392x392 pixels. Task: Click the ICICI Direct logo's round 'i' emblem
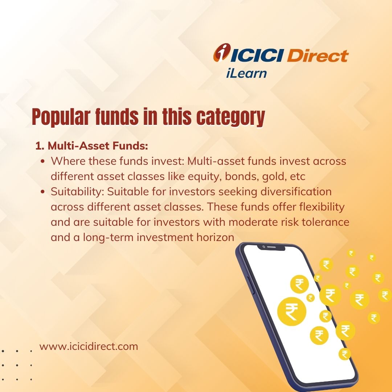click(x=222, y=52)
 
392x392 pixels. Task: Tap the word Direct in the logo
click(x=318, y=55)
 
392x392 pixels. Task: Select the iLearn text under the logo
click(x=246, y=73)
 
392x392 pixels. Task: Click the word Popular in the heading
click(x=61, y=117)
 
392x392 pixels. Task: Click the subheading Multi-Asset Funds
click(x=92, y=146)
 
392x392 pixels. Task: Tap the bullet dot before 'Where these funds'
click(x=43, y=162)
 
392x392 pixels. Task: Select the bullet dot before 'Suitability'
click(x=43, y=192)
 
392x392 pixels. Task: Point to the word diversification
click(x=296, y=192)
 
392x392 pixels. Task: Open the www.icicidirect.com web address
click(x=89, y=347)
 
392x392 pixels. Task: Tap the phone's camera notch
click(x=271, y=248)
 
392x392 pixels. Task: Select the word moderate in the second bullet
click(x=253, y=222)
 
